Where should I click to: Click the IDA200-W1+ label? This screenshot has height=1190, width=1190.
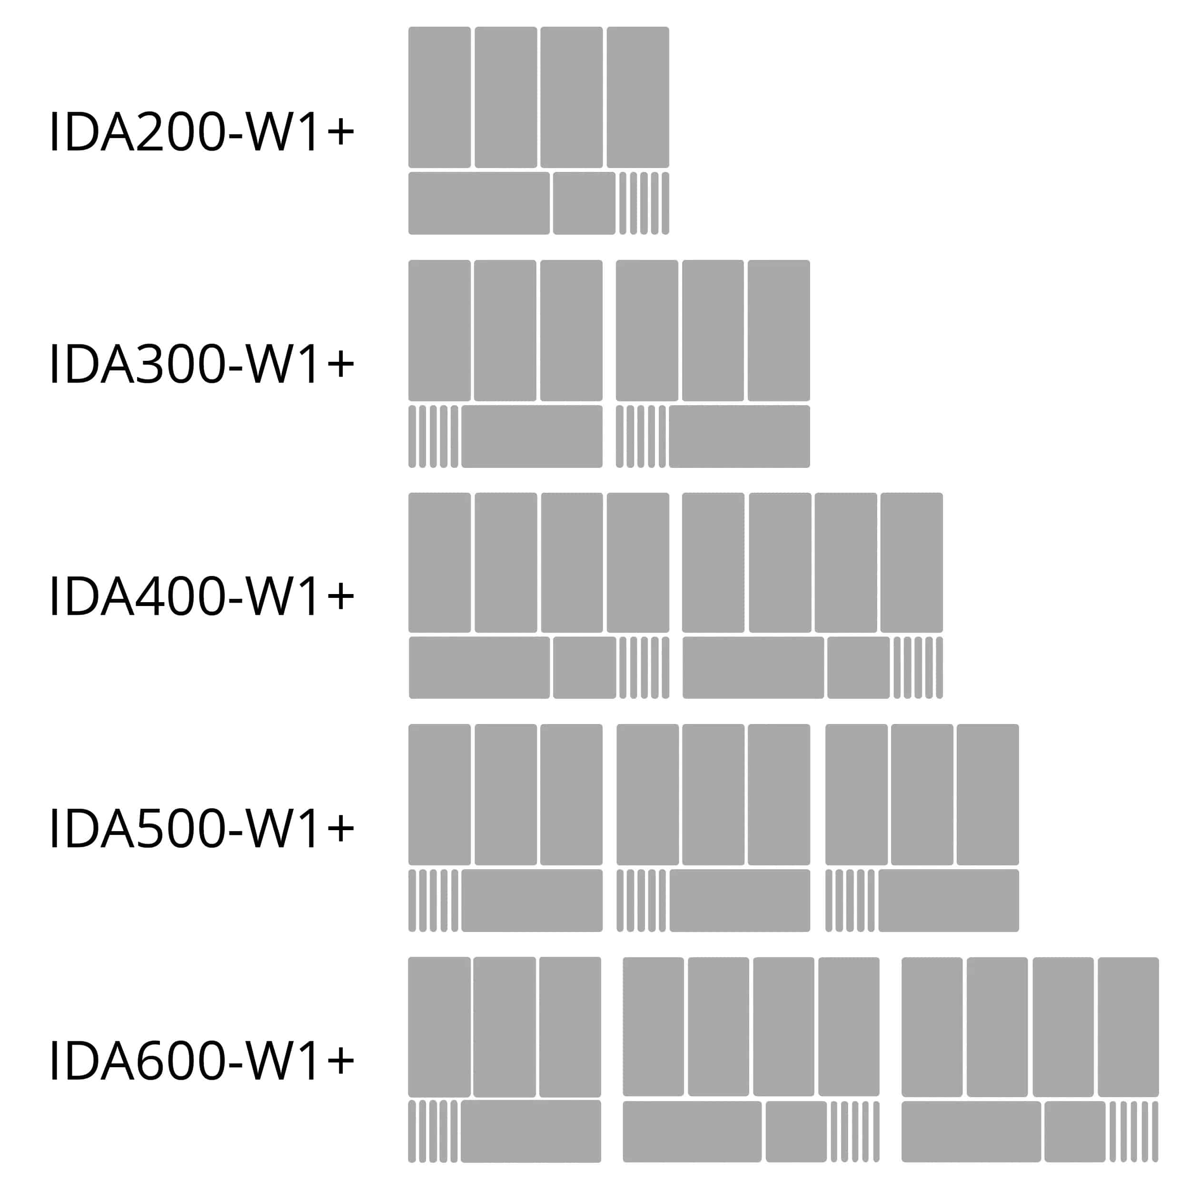(201, 131)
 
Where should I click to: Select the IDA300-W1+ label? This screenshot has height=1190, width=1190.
(201, 363)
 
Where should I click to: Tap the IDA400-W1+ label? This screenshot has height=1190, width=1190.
(201, 595)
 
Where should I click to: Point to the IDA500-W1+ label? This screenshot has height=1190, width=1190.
(201, 828)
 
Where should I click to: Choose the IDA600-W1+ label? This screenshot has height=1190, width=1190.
(201, 1060)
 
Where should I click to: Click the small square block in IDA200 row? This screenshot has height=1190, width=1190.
(584, 203)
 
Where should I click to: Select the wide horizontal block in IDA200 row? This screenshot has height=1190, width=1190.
(478, 203)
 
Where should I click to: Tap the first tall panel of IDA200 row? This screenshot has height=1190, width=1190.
(439, 97)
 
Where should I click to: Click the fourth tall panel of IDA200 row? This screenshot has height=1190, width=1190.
(637, 97)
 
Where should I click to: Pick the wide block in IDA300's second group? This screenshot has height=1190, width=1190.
(739, 436)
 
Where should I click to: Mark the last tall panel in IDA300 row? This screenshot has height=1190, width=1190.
(779, 330)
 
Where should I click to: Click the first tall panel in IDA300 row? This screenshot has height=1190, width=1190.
(439, 330)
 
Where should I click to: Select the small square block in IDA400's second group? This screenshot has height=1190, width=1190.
(858, 668)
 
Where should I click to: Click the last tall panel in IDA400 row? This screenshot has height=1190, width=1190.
(911, 562)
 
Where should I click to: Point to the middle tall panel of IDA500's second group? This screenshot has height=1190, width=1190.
(713, 794)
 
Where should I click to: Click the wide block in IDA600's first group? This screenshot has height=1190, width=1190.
(530, 1131)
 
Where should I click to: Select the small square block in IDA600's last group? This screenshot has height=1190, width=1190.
(1074, 1131)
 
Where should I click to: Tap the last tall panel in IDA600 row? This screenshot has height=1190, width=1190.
(1128, 1027)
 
